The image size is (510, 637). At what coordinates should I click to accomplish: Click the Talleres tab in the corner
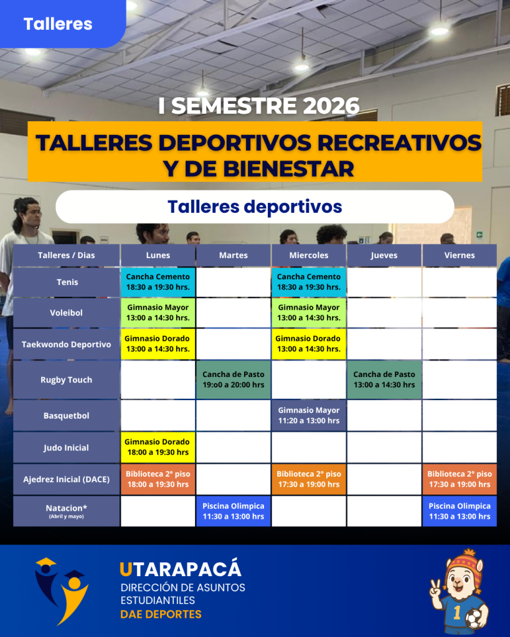tap(58, 24)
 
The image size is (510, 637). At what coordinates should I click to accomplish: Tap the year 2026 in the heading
tap(331, 106)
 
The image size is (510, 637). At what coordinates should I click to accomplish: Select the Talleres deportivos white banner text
tap(255, 207)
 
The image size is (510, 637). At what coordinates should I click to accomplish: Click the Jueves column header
tap(384, 255)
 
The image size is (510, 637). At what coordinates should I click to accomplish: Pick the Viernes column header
tap(460, 255)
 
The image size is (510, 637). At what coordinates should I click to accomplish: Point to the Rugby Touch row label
tap(66, 380)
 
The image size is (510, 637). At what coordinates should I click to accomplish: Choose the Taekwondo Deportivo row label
tap(66, 345)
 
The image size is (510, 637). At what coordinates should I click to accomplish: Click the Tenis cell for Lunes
tap(158, 282)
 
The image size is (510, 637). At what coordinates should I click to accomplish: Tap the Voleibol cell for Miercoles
tap(309, 313)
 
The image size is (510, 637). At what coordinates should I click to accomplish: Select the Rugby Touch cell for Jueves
tap(384, 380)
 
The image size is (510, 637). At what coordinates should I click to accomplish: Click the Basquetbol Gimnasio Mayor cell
tap(309, 416)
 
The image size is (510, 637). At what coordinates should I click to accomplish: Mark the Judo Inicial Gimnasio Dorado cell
tap(158, 447)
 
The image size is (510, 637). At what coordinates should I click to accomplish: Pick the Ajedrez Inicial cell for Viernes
tap(460, 480)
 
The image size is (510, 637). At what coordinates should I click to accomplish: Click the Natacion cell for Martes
tap(234, 511)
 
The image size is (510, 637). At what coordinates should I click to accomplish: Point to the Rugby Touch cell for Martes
tap(234, 380)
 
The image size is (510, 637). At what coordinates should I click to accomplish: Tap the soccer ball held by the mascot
tap(475, 619)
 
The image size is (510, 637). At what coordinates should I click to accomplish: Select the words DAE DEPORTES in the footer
tap(161, 614)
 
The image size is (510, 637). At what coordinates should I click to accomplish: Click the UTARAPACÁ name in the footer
tap(181, 570)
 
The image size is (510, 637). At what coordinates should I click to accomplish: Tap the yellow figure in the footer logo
tap(74, 597)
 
